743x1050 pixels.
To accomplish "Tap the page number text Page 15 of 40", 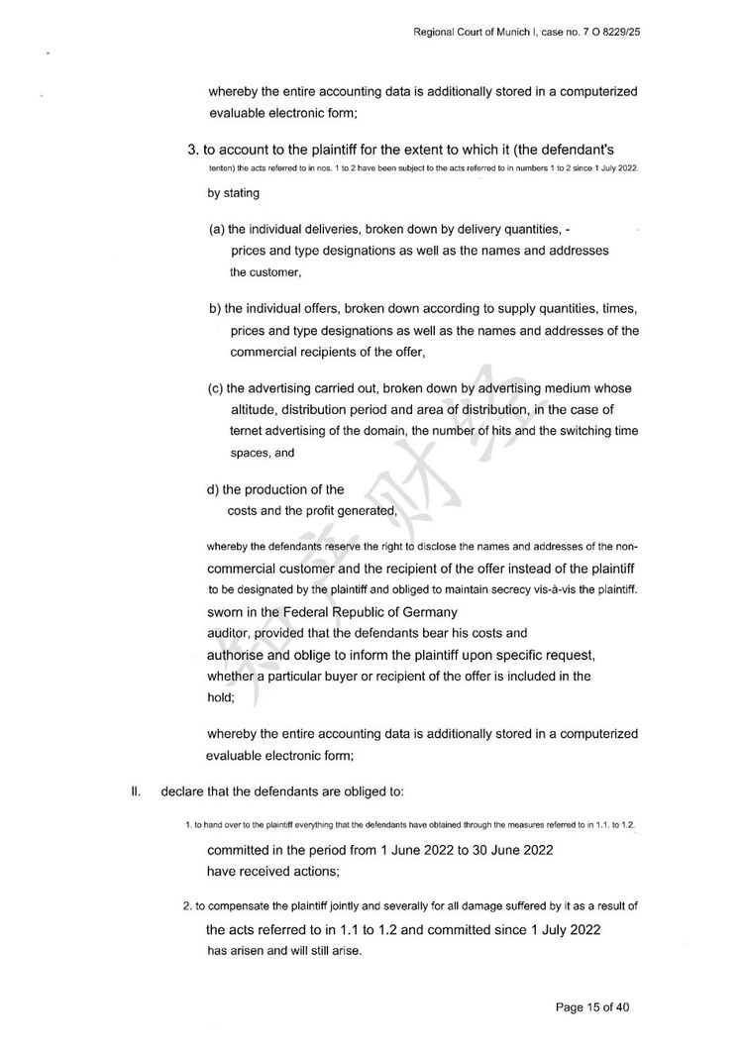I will coord(592,1007).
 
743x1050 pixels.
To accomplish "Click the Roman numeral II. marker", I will coord(138,791).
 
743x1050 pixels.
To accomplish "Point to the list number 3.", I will coord(193,150).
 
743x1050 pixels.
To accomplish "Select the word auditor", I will coord(229,632).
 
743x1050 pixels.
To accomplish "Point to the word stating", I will coord(243,193).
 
